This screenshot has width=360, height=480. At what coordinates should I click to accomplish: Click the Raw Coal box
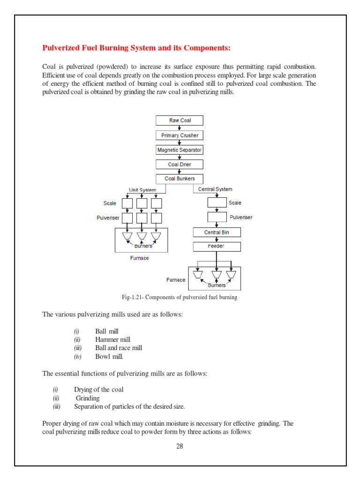[x=180, y=120]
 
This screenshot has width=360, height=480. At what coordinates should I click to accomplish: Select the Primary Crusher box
[x=180, y=135]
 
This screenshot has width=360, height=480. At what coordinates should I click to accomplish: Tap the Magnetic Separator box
[x=180, y=150]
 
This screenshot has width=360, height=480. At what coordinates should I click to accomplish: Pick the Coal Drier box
[x=180, y=165]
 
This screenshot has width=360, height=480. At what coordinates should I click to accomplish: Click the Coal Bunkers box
[x=180, y=179]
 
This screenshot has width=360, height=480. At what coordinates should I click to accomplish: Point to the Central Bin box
[x=216, y=232]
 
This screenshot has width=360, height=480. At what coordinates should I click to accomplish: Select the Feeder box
[x=216, y=246]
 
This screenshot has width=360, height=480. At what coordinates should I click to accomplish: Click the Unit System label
[x=142, y=190]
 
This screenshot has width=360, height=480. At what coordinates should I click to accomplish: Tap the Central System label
[x=215, y=189]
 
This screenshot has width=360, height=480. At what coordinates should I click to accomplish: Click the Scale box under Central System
[x=217, y=203]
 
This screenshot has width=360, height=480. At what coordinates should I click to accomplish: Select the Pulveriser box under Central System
[x=217, y=218]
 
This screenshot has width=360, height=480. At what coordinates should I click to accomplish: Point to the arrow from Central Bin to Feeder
[x=216, y=239]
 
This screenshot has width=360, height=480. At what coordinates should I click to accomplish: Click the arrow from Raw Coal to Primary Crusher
[x=180, y=128]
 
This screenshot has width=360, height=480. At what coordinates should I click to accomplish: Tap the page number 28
[x=180, y=446]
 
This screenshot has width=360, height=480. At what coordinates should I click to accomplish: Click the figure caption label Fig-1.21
[x=133, y=298]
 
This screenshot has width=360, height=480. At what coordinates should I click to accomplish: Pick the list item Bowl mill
[x=109, y=357]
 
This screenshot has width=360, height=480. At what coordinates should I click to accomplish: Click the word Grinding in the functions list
[x=88, y=398]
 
